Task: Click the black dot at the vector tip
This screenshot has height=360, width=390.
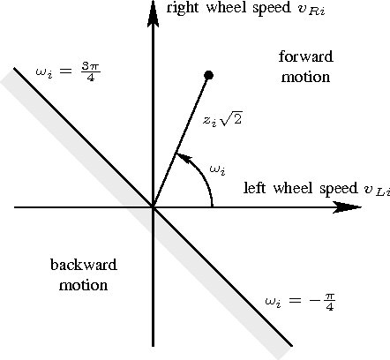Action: (209, 75)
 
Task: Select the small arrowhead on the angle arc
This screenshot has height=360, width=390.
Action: (181, 157)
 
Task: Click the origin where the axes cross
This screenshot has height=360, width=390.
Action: (154, 208)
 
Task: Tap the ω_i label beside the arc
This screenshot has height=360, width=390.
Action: (219, 169)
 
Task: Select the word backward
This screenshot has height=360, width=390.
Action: (84, 265)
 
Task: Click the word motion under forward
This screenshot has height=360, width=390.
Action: (305, 77)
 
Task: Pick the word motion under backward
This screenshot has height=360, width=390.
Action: (84, 285)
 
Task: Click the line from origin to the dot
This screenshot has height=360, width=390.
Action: (182, 141)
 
